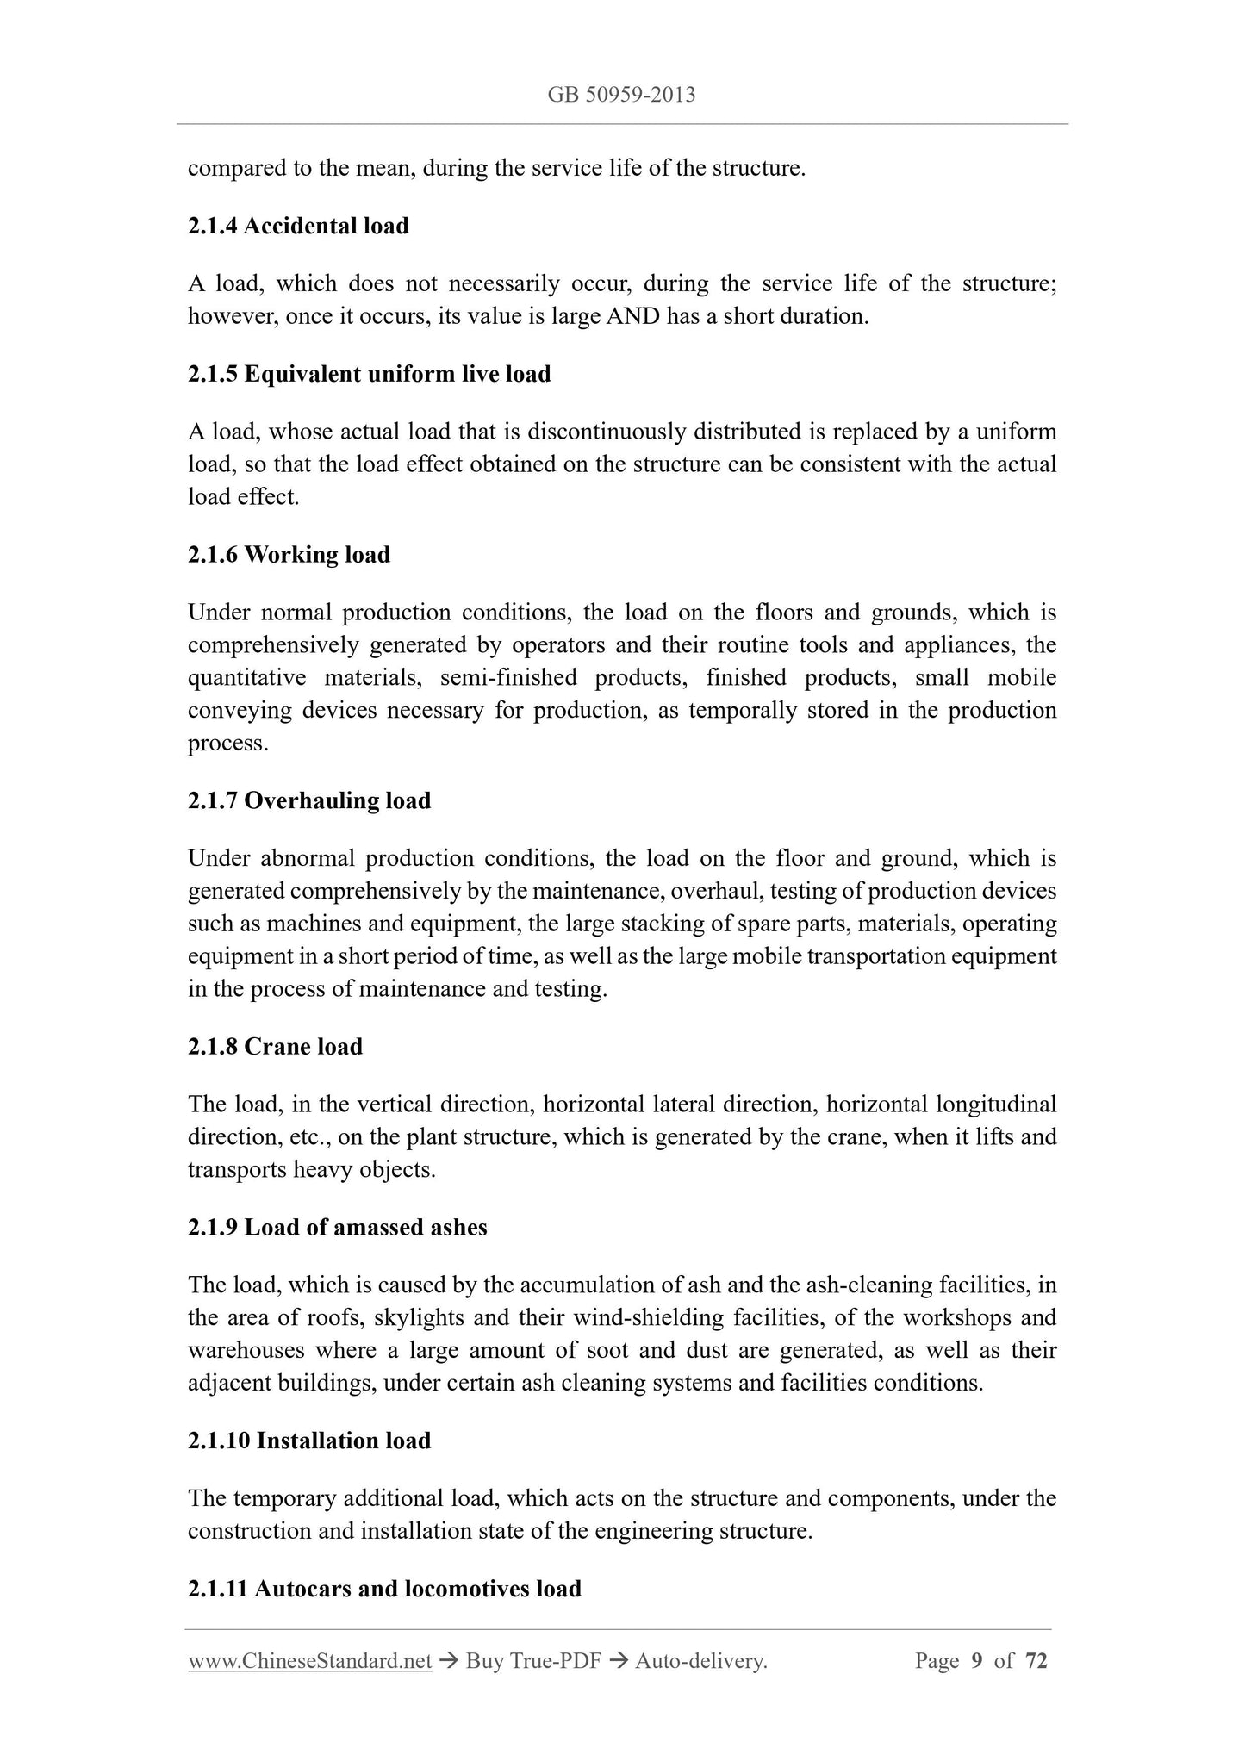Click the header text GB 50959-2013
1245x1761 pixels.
click(621, 95)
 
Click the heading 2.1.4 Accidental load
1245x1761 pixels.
click(298, 226)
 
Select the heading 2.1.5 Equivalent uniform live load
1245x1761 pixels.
click(369, 374)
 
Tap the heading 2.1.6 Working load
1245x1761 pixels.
click(289, 554)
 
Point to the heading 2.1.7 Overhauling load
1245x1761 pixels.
click(309, 800)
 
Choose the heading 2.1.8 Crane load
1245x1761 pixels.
click(275, 1046)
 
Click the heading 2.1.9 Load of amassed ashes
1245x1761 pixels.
click(337, 1227)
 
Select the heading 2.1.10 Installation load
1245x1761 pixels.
click(309, 1441)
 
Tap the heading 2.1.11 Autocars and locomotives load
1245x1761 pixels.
click(384, 1588)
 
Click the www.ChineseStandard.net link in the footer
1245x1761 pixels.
click(309, 1661)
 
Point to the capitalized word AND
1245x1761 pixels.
click(633, 316)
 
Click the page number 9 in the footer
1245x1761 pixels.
click(976, 1661)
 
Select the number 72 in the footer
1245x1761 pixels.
click(1036, 1661)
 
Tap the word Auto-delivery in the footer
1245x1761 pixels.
click(700, 1661)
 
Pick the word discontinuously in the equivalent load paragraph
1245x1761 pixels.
click(607, 432)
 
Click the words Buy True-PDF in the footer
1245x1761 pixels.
click(532, 1661)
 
